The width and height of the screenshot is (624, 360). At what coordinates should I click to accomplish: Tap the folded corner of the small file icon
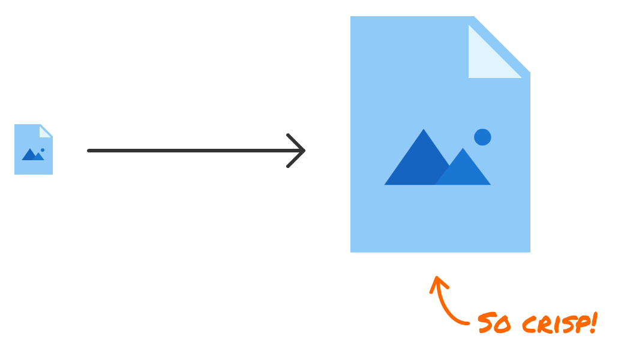(44, 131)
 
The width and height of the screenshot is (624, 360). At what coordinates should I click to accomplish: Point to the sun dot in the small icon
(43, 150)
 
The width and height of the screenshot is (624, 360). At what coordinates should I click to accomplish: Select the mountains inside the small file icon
(32, 155)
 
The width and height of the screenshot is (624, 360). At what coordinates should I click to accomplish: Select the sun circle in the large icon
(482, 137)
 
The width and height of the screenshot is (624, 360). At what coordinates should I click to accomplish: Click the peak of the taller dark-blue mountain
(424, 132)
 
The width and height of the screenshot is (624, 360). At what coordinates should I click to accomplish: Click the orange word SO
(494, 324)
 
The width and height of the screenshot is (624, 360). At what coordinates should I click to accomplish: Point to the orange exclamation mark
(593, 322)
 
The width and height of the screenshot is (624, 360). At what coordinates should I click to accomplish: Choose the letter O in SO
(503, 325)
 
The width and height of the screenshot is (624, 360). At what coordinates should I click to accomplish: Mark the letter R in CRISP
(543, 325)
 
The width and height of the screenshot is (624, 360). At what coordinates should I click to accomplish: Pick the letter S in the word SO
(486, 323)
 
